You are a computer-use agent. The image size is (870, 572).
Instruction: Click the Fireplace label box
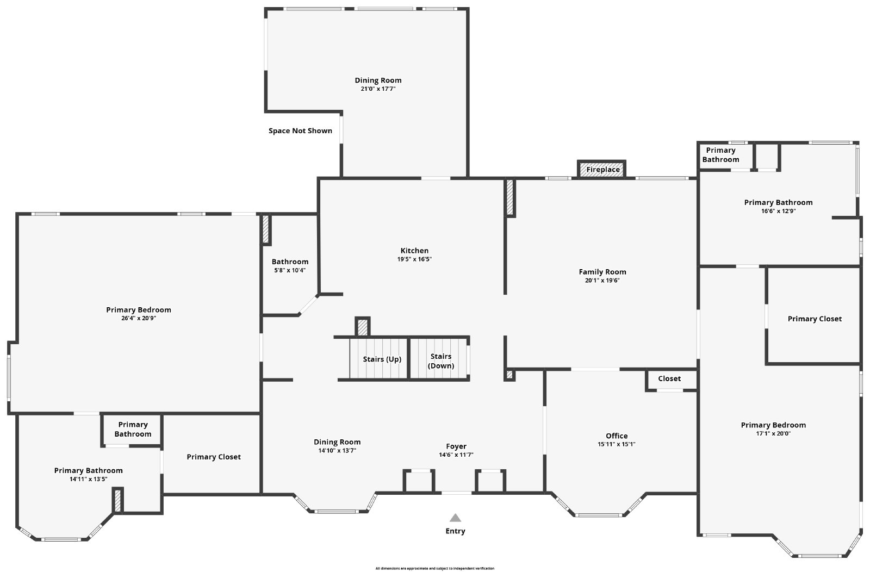tap(602, 170)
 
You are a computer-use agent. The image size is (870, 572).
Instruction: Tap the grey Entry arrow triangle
tap(455, 518)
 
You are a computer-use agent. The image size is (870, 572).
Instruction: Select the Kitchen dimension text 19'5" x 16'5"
tap(414, 259)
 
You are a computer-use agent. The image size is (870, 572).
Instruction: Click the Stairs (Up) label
tap(382, 359)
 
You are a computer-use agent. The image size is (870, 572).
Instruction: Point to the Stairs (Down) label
tap(441, 361)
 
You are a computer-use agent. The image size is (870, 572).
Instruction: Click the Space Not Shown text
tap(300, 131)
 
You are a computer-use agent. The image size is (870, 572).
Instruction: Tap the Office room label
tap(617, 436)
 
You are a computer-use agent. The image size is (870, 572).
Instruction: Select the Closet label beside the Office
tap(669, 379)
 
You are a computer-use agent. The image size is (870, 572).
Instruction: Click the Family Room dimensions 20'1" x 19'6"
tap(602, 281)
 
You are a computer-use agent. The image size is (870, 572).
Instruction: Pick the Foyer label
tap(456, 446)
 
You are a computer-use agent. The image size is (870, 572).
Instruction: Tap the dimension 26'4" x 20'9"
tap(139, 319)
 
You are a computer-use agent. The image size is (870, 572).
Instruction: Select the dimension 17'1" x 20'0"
tap(773, 434)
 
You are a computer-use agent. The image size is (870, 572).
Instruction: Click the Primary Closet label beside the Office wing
tap(815, 319)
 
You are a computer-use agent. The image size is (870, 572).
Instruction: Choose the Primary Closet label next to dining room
tap(214, 457)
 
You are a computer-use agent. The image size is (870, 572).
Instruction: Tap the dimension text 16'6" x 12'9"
tap(778, 211)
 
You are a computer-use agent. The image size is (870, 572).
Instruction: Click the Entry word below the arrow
tap(455, 531)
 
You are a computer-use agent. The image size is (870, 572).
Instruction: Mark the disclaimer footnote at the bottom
tap(434, 568)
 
